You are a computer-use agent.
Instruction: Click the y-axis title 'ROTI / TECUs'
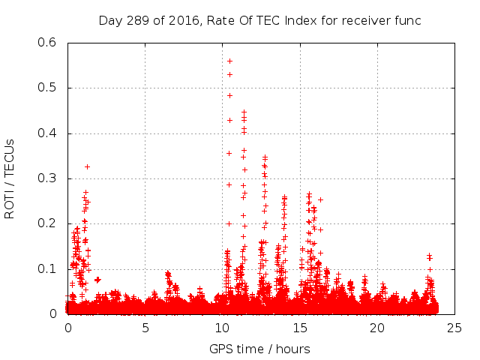[x=10, y=178]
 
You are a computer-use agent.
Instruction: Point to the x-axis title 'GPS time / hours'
[x=259, y=349]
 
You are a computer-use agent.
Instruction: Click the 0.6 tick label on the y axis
[x=47, y=43]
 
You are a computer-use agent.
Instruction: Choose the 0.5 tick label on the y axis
[x=47, y=88]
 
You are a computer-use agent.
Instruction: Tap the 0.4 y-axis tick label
[x=47, y=133]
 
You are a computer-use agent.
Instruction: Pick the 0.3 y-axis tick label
[x=47, y=178]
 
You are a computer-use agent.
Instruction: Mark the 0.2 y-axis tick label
[x=47, y=223]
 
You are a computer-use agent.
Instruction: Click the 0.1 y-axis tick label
[x=47, y=268]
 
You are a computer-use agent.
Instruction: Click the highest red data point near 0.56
[x=229, y=61]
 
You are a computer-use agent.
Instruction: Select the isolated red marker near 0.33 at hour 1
[x=87, y=166]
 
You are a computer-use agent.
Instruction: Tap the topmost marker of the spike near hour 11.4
[x=244, y=112]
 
